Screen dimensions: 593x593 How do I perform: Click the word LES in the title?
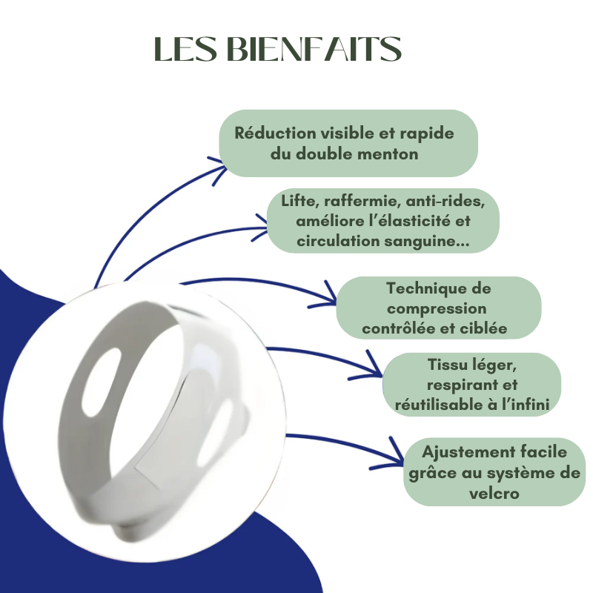(185, 49)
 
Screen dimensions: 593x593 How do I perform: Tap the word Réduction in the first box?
(275, 133)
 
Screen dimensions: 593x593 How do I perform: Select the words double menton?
(357, 154)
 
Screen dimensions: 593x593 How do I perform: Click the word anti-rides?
(445, 201)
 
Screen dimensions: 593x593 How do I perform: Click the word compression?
(437, 308)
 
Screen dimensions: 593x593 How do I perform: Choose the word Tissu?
(447, 365)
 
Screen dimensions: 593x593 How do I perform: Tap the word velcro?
(494, 494)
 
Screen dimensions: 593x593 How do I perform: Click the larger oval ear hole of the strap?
(102, 382)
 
